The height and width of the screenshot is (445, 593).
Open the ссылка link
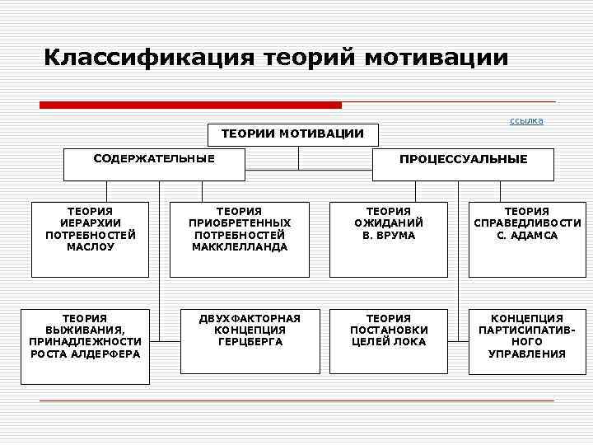[526, 121]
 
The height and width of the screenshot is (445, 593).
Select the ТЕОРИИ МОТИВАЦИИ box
[292, 134]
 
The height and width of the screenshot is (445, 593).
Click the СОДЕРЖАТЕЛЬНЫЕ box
[154, 164]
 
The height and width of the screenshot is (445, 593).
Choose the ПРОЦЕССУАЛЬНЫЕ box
[464, 164]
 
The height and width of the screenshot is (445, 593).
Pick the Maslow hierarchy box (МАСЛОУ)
[91, 239]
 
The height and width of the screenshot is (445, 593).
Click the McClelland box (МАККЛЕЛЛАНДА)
[240, 239]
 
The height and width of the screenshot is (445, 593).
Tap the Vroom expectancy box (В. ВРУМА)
[389, 239]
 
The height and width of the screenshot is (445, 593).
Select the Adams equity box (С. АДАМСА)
[527, 239]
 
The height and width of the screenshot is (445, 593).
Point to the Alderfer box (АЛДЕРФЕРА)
[86, 346]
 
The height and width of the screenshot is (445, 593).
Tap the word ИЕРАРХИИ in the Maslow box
[91, 223]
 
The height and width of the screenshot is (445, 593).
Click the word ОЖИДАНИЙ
[389, 223]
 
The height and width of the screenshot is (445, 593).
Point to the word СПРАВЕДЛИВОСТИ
[527, 223]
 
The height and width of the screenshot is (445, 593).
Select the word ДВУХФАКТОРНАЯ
[250, 318]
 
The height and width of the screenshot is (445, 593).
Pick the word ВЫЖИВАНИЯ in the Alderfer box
[85, 330]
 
